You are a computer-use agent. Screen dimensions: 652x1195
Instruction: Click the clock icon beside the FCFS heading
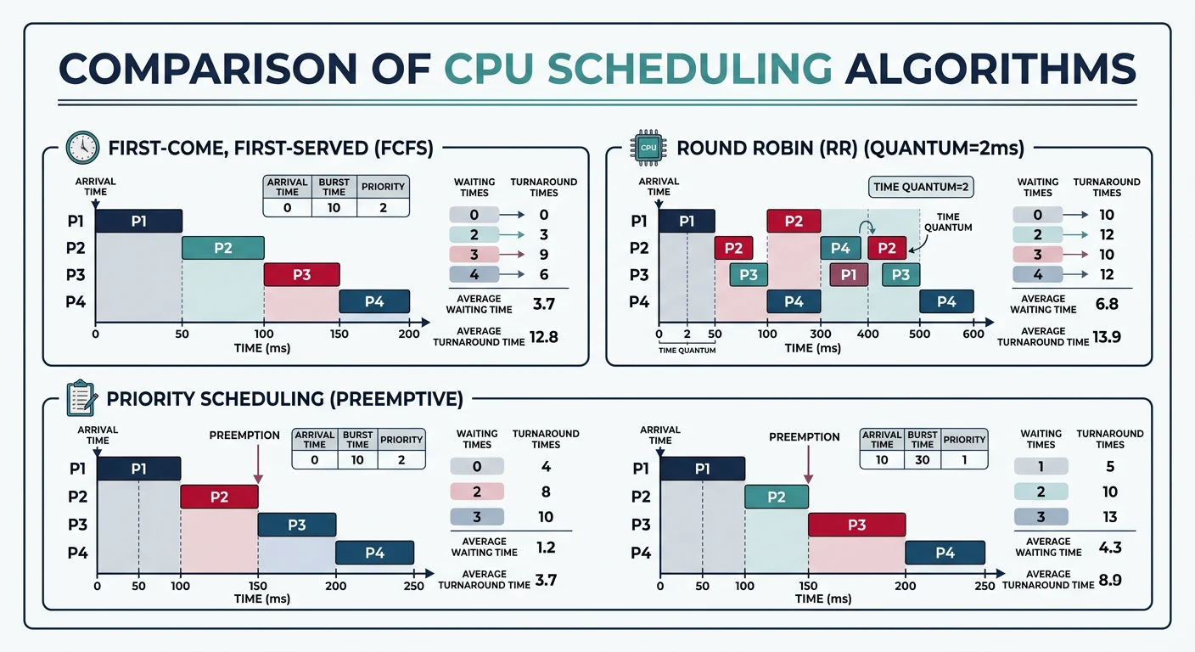point(82,148)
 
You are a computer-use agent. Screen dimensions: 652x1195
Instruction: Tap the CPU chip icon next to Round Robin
point(648,148)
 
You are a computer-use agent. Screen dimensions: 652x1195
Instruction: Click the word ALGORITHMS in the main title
point(990,68)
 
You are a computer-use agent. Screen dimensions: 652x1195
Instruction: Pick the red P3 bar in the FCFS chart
point(301,274)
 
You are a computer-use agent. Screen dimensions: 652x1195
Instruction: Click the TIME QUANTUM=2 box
point(922,187)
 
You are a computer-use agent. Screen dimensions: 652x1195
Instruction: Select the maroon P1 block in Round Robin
point(849,274)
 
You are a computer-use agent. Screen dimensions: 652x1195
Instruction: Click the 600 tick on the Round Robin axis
point(973,334)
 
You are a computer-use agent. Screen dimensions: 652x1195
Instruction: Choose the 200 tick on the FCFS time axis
point(409,334)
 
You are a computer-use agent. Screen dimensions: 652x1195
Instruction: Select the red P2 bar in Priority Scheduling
point(219,497)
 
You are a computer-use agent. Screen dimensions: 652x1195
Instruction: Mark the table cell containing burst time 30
point(923,459)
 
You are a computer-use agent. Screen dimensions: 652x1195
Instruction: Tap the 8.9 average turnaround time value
point(1111,579)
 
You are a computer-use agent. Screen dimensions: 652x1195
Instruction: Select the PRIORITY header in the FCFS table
point(383,187)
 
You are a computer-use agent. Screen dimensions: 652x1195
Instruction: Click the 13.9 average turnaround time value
point(1108,336)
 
